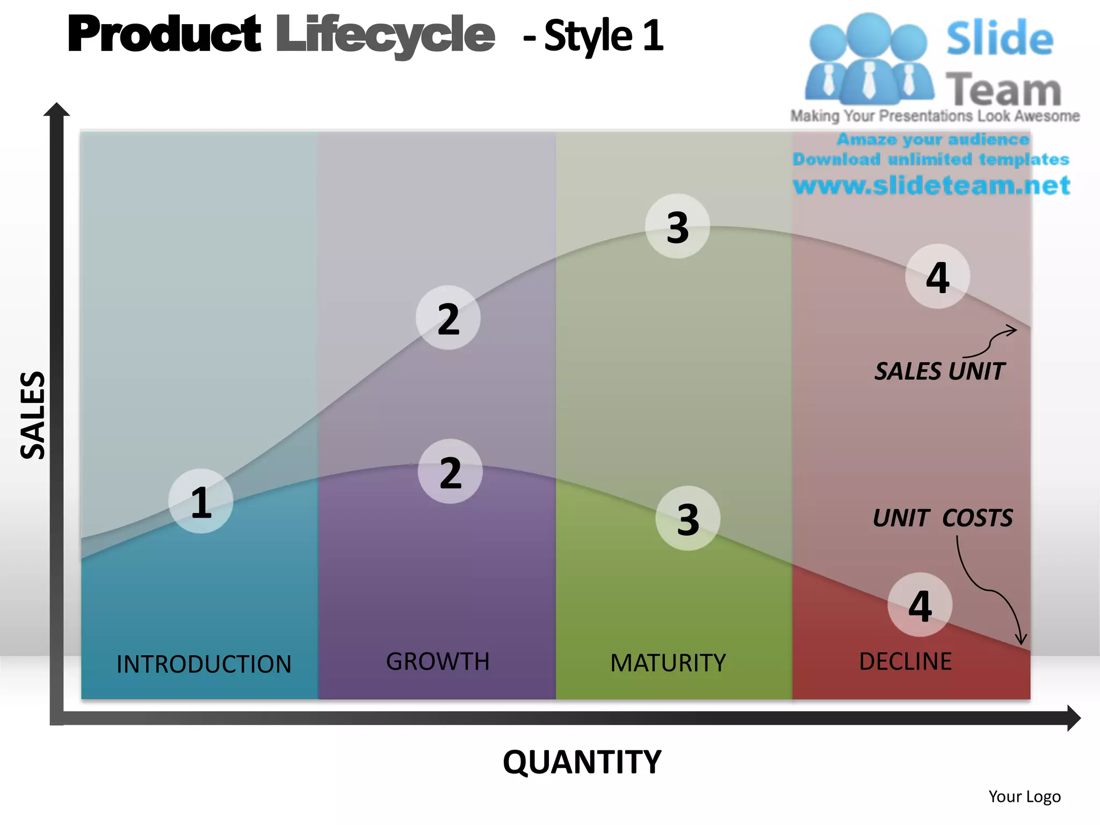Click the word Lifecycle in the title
[385, 35]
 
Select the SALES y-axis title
[32, 415]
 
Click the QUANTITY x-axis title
[582, 762]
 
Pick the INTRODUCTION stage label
[204, 664]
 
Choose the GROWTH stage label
[438, 662]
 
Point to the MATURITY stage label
[668, 663]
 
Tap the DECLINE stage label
[905, 662]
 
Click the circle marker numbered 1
[201, 502]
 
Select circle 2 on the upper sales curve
[448, 318]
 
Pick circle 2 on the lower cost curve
[450, 472]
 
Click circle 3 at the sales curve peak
[677, 226]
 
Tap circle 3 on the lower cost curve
[687, 518]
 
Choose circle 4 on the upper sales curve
[937, 277]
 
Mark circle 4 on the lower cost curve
[920, 605]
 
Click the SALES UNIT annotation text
[939, 371]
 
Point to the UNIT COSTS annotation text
[943, 518]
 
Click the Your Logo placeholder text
[1024, 797]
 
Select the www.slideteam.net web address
[931, 185]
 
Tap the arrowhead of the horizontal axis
[1073, 718]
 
